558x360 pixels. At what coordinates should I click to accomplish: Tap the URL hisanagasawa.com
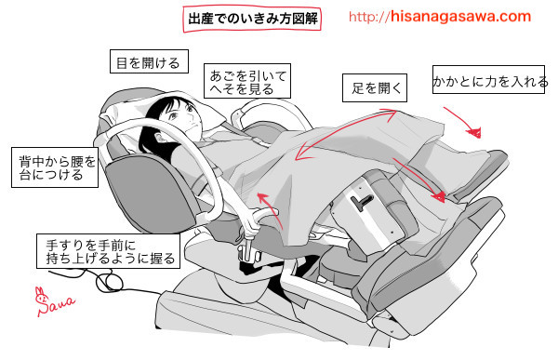tap(440, 17)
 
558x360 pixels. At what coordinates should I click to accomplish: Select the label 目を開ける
tap(145, 63)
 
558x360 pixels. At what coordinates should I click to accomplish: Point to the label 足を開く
tap(376, 88)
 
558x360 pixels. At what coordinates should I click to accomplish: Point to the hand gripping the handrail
tap(250, 226)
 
